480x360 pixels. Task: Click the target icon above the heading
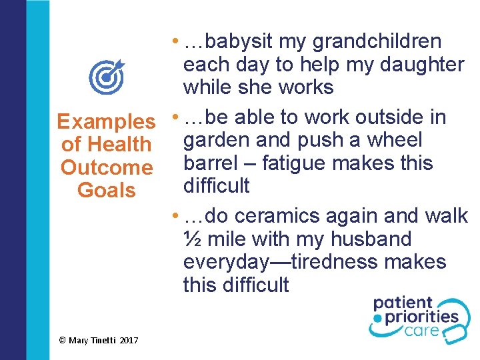tap(107, 76)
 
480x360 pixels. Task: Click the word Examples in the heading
tap(106, 122)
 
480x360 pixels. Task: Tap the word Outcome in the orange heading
tap(107, 167)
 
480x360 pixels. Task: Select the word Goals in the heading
tap(107, 190)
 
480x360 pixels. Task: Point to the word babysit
tap(240, 42)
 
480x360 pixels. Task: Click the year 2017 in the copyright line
tap(129, 341)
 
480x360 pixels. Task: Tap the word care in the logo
tap(427, 331)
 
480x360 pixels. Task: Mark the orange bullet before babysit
tap(174, 42)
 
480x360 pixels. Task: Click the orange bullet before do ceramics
tap(174, 217)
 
